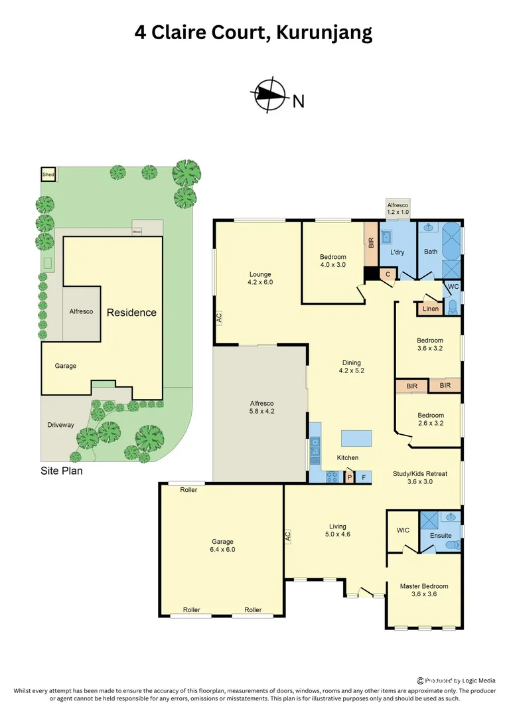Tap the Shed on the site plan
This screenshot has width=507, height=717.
pyautogui.click(x=48, y=175)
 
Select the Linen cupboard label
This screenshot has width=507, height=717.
pyautogui.click(x=429, y=309)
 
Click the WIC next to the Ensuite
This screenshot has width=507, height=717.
pyautogui.click(x=402, y=530)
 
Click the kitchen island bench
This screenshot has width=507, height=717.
pyautogui.click(x=356, y=439)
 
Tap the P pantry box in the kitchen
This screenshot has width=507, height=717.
pyautogui.click(x=350, y=477)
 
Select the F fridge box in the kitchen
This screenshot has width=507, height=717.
pyautogui.click(x=363, y=477)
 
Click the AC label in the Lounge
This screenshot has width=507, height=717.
pyautogui.click(x=219, y=319)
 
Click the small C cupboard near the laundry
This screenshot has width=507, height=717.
pyautogui.click(x=388, y=274)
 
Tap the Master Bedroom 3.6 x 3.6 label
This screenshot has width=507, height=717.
pyautogui.click(x=423, y=590)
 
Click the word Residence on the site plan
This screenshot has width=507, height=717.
pyautogui.click(x=131, y=312)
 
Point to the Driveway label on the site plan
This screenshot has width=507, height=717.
pyautogui.click(x=60, y=425)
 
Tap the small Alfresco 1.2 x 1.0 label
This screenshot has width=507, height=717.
pyautogui.click(x=398, y=209)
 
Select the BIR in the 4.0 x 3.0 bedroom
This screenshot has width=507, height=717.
pyautogui.click(x=370, y=242)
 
